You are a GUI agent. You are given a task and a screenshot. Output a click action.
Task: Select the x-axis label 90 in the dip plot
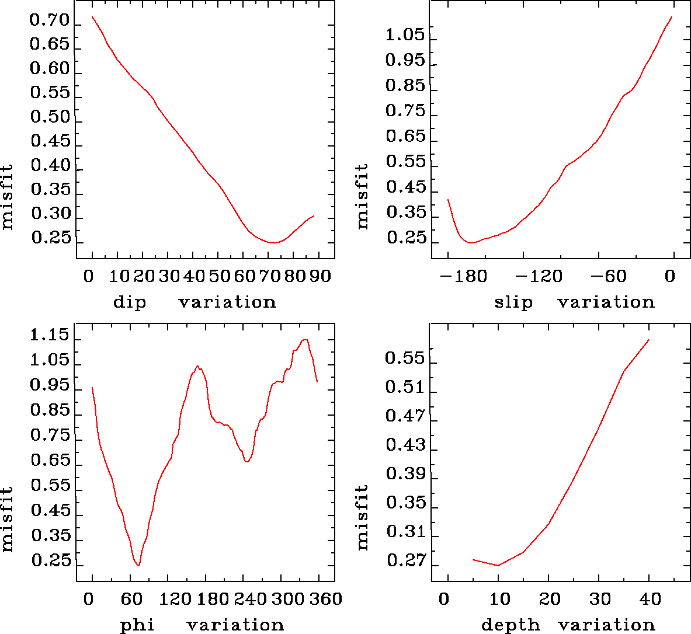[x=320, y=276]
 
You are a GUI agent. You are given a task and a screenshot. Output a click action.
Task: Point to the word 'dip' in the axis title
[x=130, y=302]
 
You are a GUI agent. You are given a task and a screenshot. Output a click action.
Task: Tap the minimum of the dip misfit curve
[x=272, y=242]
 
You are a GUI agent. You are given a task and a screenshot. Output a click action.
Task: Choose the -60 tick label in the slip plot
[x=607, y=276]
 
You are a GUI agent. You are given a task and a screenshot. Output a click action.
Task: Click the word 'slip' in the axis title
[x=513, y=302]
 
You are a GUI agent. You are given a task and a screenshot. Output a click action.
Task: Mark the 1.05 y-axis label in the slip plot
[x=405, y=35]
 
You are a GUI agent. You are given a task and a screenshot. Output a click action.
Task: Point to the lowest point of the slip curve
[x=471, y=242]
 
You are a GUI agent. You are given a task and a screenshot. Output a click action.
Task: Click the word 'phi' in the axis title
[x=137, y=625]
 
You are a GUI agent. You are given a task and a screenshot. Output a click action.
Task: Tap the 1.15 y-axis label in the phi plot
[x=50, y=336]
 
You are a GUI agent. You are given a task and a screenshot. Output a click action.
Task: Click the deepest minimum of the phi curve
[x=138, y=565]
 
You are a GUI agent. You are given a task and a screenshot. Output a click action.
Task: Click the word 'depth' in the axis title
[x=511, y=625]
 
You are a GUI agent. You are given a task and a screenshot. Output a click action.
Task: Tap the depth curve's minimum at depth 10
[x=498, y=565]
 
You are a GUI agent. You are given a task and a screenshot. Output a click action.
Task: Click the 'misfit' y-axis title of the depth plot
[x=363, y=517]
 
